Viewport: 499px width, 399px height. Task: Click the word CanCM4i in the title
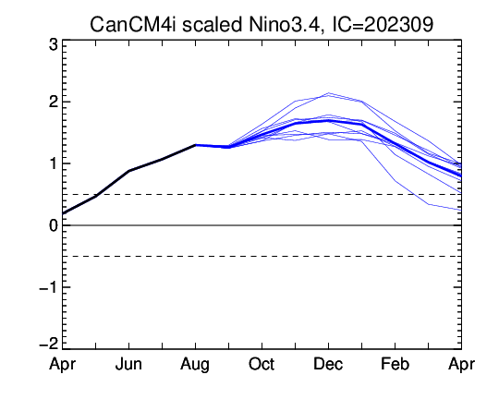coord(133,25)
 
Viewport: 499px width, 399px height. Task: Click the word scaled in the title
coord(212,25)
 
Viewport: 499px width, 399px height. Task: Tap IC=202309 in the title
coord(383,25)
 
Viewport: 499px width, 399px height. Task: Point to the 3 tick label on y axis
coord(54,45)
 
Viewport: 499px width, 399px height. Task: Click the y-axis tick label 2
coord(54,102)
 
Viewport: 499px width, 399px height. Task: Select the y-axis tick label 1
coord(54,163)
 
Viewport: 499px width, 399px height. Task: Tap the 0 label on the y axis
coord(54,225)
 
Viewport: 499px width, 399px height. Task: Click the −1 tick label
coord(49,287)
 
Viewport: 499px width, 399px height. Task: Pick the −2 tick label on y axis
coord(49,344)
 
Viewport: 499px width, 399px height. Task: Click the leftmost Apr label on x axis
coord(63,365)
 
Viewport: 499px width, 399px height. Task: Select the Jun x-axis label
coord(128,364)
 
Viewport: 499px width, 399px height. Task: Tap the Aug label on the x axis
coord(195,365)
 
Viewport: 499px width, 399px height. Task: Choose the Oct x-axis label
coord(262,364)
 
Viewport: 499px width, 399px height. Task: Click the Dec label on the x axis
coord(328,364)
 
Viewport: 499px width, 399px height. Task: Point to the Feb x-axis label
coord(395,364)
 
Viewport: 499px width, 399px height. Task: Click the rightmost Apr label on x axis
coord(461,365)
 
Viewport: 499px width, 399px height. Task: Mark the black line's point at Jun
coord(128,171)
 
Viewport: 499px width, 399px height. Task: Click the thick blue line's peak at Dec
coord(328,121)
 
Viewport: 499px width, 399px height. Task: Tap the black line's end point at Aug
coord(195,145)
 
